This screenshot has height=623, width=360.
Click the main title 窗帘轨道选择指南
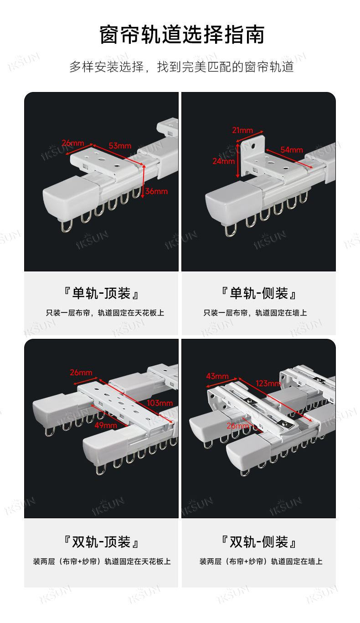point(182,35)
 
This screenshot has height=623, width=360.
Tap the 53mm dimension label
point(120,146)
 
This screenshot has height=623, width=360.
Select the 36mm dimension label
point(156,191)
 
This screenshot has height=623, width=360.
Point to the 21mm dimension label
point(242,130)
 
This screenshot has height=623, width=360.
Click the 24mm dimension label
point(224,161)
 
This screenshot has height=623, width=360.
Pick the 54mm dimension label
point(292,150)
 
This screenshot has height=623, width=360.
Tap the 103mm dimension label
point(159,403)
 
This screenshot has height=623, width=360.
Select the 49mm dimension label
point(106,425)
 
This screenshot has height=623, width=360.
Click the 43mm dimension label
point(217,376)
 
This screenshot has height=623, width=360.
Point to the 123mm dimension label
point(268,383)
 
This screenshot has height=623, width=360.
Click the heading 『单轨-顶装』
point(101,293)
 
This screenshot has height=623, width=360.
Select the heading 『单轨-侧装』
point(259,293)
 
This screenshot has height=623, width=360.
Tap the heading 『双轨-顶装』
point(101,542)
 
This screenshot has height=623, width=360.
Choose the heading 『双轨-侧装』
point(259,542)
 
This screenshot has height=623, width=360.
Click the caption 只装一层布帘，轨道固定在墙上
point(255,313)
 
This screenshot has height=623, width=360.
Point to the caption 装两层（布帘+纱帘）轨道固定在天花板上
point(102,562)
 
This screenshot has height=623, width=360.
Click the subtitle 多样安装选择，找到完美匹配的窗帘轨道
point(181,67)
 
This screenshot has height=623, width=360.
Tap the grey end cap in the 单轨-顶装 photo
point(71,198)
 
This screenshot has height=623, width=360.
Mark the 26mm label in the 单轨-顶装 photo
point(73,143)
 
